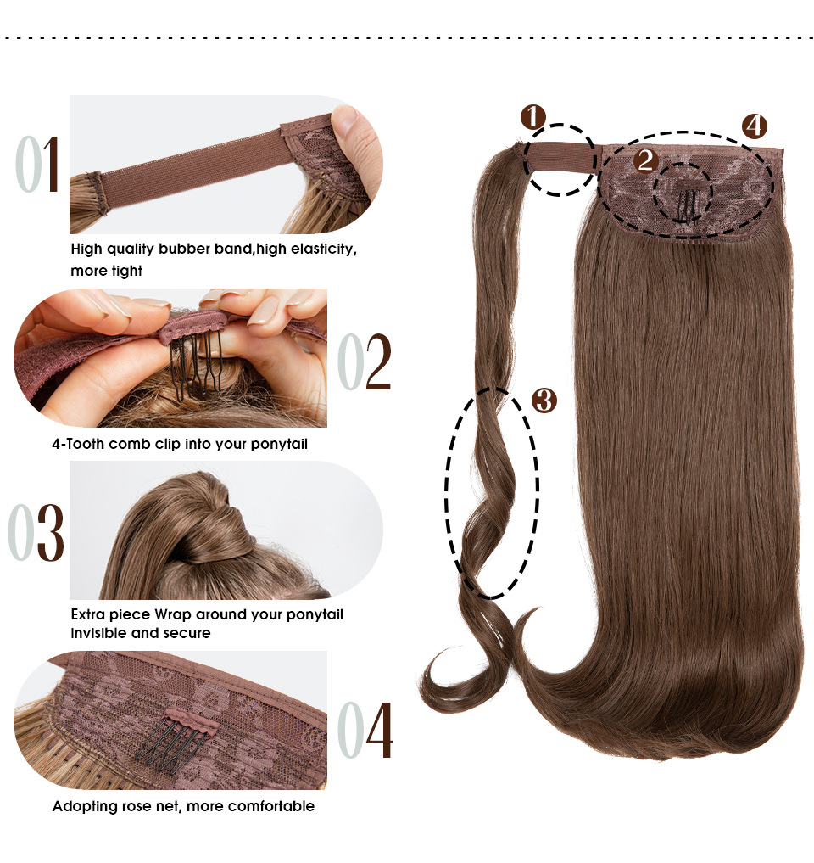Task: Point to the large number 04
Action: (x=365, y=730)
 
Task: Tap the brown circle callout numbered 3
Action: (x=544, y=401)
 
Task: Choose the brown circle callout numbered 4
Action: (x=754, y=126)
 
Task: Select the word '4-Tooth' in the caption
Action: (x=78, y=444)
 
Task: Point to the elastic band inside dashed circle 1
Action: (x=558, y=157)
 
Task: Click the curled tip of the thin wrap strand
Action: (x=441, y=679)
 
